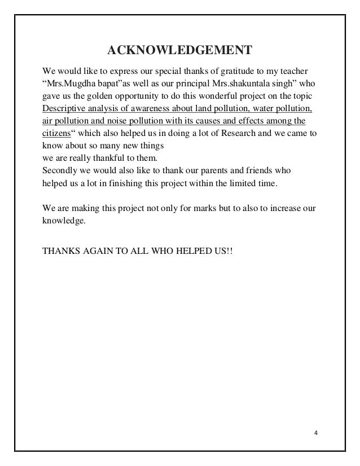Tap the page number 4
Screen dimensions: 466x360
(316, 434)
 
